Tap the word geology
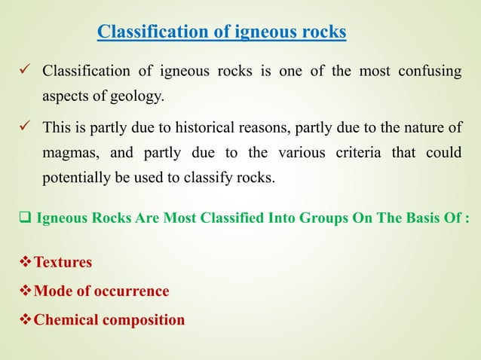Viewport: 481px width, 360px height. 136,96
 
